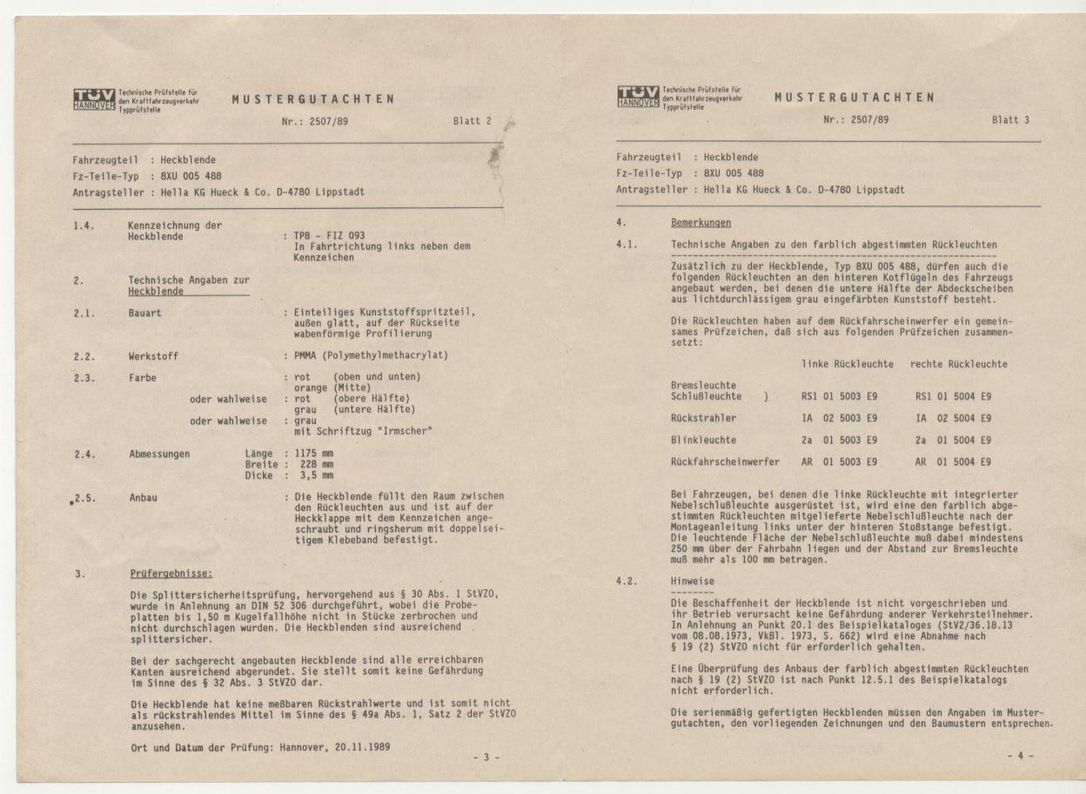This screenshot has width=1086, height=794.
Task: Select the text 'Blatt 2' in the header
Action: [x=472, y=122]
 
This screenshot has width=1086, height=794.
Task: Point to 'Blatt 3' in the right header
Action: [x=1010, y=120]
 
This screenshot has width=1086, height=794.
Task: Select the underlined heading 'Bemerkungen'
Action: [x=701, y=224]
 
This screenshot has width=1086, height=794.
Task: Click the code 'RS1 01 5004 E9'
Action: [x=954, y=396]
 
